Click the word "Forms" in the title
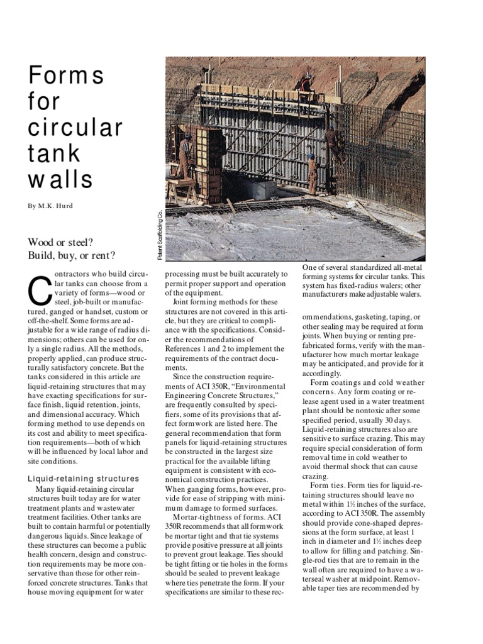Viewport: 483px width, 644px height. (x=66, y=76)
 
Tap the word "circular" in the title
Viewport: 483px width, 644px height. (x=75, y=127)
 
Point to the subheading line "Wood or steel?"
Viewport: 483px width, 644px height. (x=62, y=242)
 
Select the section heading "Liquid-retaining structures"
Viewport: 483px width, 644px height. (x=84, y=479)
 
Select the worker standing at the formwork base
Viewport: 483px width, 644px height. (x=313, y=174)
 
